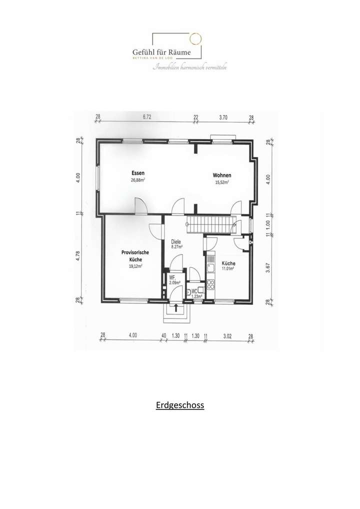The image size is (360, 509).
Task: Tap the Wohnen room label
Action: pyautogui.click(x=221, y=175)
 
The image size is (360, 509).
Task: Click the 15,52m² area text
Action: pyautogui.click(x=221, y=182)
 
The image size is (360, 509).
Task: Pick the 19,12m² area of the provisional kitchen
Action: pyautogui.click(x=135, y=266)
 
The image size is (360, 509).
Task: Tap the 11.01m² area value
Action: pyautogui.click(x=228, y=269)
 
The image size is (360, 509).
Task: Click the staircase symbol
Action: pyautogui.click(x=210, y=225)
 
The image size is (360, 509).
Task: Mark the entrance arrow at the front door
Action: pyautogui.click(x=175, y=306)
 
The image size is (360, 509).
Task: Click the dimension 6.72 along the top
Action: pyautogui.click(x=147, y=117)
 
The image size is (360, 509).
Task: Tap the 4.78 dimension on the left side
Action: pyautogui.click(x=78, y=256)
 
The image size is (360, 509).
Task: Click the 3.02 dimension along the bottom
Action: pyautogui.click(x=227, y=335)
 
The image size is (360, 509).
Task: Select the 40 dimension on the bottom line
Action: pyautogui.click(x=163, y=335)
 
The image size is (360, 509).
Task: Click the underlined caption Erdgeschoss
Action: pyautogui.click(x=180, y=405)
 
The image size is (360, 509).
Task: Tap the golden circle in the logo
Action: pyautogui.click(x=195, y=38)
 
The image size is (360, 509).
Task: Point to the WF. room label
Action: pyautogui.click(x=171, y=277)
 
